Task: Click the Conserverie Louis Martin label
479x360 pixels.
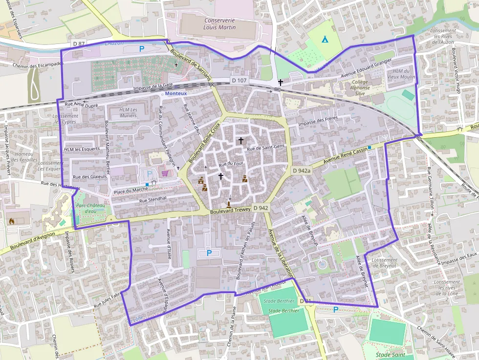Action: pos(219,24)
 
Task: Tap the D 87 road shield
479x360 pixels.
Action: pos(79,43)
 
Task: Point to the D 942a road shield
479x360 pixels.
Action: pos(302,170)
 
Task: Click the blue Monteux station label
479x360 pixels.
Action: pos(176,93)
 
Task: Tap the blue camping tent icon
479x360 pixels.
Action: pos(324,39)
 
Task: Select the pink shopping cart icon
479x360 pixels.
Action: pos(165,173)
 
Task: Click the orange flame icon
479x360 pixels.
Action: pos(12,221)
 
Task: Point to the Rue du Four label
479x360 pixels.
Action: pos(231,164)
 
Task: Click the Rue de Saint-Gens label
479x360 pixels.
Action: pos(265,148)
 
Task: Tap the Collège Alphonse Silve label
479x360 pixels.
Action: pos(360,87)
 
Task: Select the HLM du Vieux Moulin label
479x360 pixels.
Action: pos(400,74)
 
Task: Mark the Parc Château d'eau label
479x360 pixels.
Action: pos(90,209)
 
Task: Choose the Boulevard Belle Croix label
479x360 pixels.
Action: pos(203,143)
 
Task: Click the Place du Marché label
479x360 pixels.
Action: pos(131,190)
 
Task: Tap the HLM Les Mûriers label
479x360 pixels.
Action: pos(128,112)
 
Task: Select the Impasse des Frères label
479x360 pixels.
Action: pos(318,124)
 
